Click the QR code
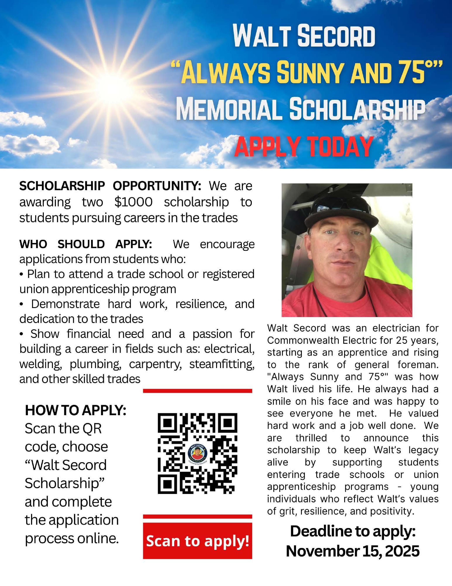198,453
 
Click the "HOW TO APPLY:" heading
76,411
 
